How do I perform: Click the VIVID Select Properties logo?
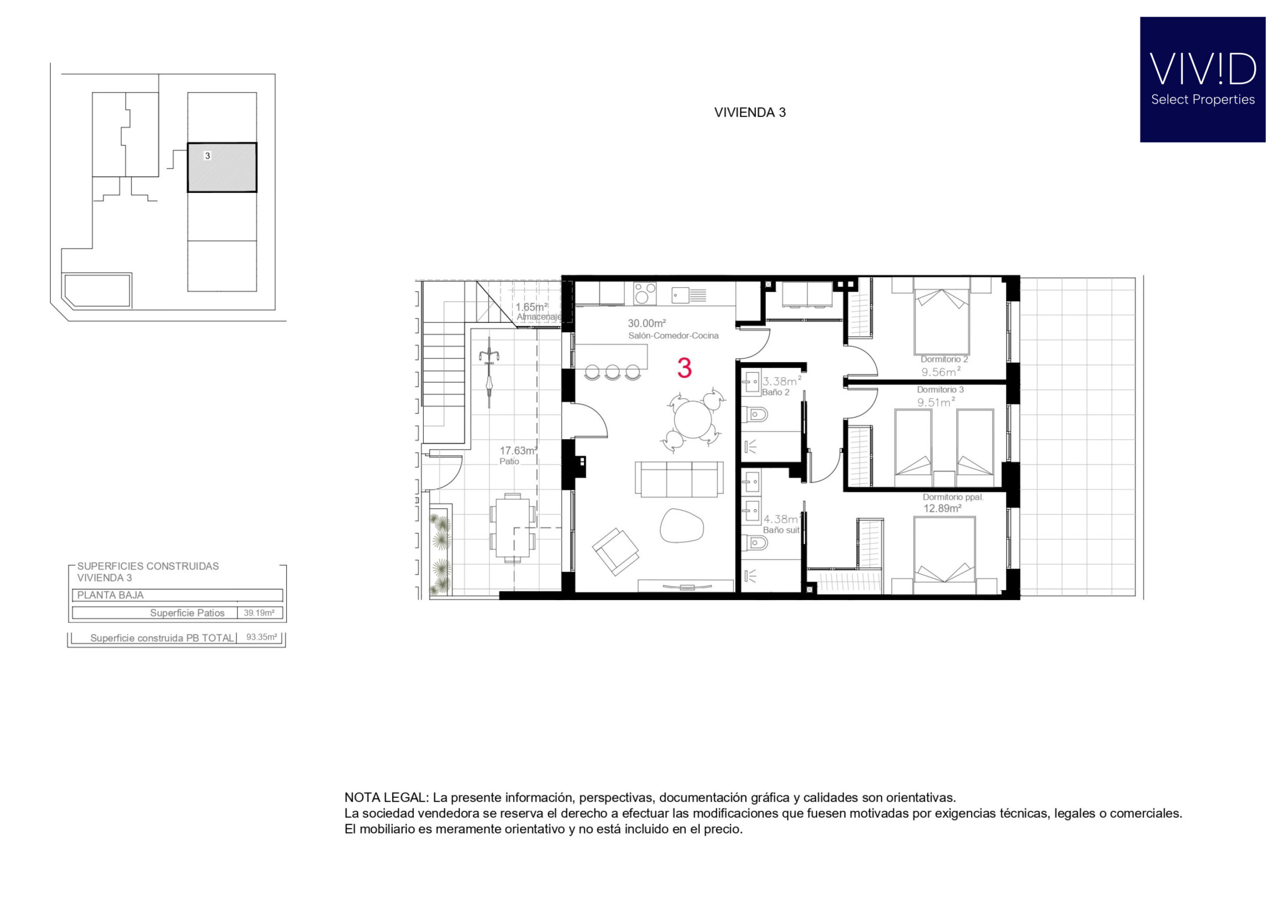1202,80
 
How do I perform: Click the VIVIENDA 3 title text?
750,112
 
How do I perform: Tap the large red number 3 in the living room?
684,368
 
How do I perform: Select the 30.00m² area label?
646,323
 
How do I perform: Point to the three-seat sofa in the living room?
679,479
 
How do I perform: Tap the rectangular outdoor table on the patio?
512,528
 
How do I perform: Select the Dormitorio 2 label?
943,359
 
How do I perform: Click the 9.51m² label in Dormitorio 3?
936,402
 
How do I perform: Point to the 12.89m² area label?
942,508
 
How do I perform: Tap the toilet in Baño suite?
756,543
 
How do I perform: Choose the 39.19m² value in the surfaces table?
259,613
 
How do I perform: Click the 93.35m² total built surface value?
261,637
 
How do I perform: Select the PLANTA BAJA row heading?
110,595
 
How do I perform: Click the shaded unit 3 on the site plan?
222,167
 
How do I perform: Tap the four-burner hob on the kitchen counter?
645,294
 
